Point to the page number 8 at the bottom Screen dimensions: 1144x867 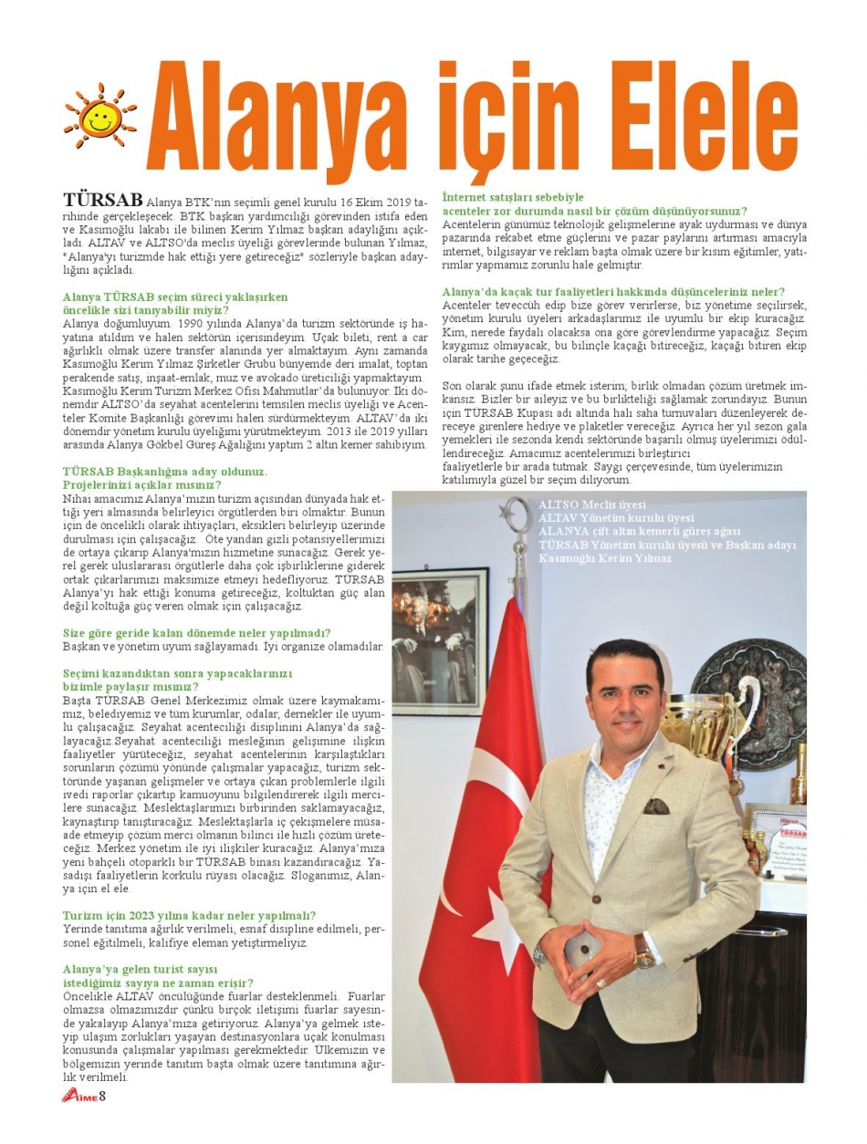[x=103, y=1096]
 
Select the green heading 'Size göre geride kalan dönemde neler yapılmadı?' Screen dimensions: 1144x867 [x=196, y=633]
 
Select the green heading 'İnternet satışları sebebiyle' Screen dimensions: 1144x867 [x=512, y=197]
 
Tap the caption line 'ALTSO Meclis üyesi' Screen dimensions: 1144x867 [x=591, y=504]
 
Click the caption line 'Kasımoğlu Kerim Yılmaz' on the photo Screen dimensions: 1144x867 [x=605, y=557]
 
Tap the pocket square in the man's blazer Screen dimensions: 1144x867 [x=656, y=806]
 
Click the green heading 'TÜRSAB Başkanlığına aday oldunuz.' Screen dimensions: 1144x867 [x=165, y=471]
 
